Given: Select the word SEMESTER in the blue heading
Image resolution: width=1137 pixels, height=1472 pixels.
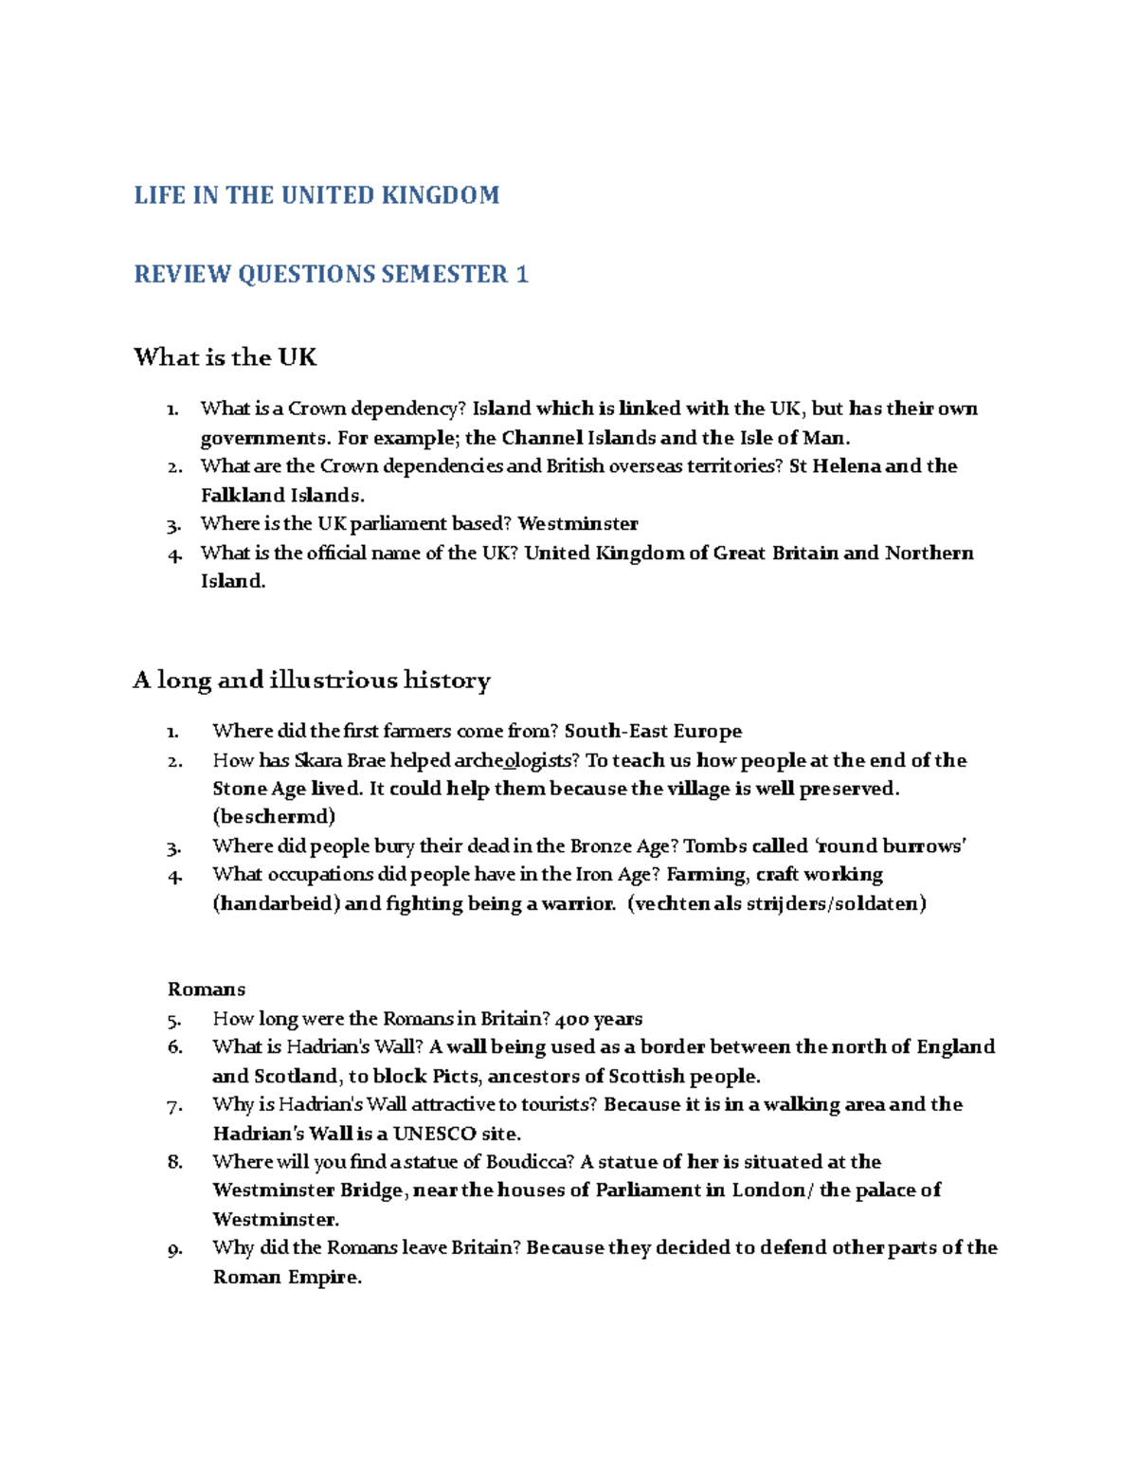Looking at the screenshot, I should [444, 275].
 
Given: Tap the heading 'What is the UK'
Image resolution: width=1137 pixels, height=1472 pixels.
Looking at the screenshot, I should [225, 357].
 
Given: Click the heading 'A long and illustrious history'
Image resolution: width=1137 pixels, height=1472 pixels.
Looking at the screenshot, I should [312, 681].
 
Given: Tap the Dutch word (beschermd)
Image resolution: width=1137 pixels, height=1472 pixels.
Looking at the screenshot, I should [274, 816].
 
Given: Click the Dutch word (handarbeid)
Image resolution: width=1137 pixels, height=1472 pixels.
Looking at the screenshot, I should [276, 903].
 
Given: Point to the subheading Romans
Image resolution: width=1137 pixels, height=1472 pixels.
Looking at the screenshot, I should [207, 990].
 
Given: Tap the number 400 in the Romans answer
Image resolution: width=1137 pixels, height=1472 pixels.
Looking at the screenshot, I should [571, 1019].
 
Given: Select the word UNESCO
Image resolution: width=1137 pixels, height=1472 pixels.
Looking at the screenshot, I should [434, 1134].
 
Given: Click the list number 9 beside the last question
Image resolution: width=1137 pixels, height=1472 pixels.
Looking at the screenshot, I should [173, 1249].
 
